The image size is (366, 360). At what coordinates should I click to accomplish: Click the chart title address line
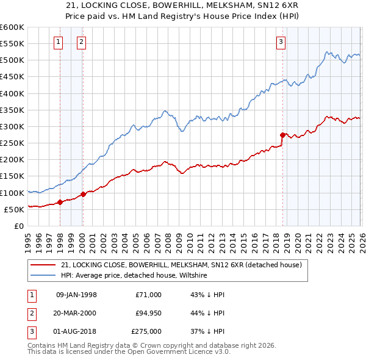point(182,5)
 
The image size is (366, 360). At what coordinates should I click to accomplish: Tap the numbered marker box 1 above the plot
point(58,42)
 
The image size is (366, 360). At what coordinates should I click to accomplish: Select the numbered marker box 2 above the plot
point(81,42)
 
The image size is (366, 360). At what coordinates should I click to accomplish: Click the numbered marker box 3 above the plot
point(281,42)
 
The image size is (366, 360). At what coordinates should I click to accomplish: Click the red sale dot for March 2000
point(83,194)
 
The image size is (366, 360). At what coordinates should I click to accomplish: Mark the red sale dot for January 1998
point(60,202)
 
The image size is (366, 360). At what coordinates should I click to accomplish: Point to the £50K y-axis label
point(14,209)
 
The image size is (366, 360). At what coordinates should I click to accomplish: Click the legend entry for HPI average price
point(134,276)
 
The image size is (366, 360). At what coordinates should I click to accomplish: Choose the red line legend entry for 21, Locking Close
point(181,265)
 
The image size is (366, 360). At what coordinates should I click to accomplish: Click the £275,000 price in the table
point(146,331)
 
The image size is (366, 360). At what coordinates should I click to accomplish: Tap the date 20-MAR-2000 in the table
point(76,313)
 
